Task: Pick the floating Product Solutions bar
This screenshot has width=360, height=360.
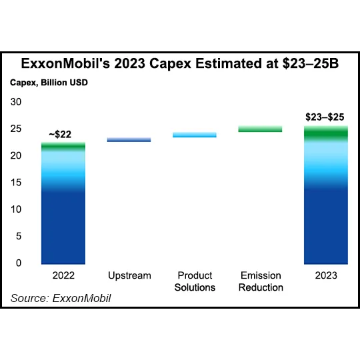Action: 194,135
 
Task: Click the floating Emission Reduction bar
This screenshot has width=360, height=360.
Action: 260,129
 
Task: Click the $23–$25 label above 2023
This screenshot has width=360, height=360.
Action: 326,117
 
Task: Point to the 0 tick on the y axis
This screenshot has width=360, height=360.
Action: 19,263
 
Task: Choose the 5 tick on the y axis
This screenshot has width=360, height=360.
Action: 19,236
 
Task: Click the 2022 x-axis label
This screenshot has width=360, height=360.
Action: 63,275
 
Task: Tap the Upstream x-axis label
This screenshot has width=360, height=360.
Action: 129,275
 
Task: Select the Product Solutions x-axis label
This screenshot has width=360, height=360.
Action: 194,281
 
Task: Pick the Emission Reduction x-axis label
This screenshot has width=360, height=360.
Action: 260,281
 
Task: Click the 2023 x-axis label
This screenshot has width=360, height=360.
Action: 326,275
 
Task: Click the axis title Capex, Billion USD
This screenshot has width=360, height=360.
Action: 49,83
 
